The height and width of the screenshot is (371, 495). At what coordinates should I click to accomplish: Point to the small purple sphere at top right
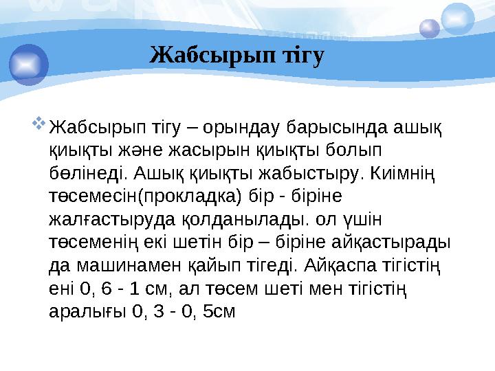tap(430, 28)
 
